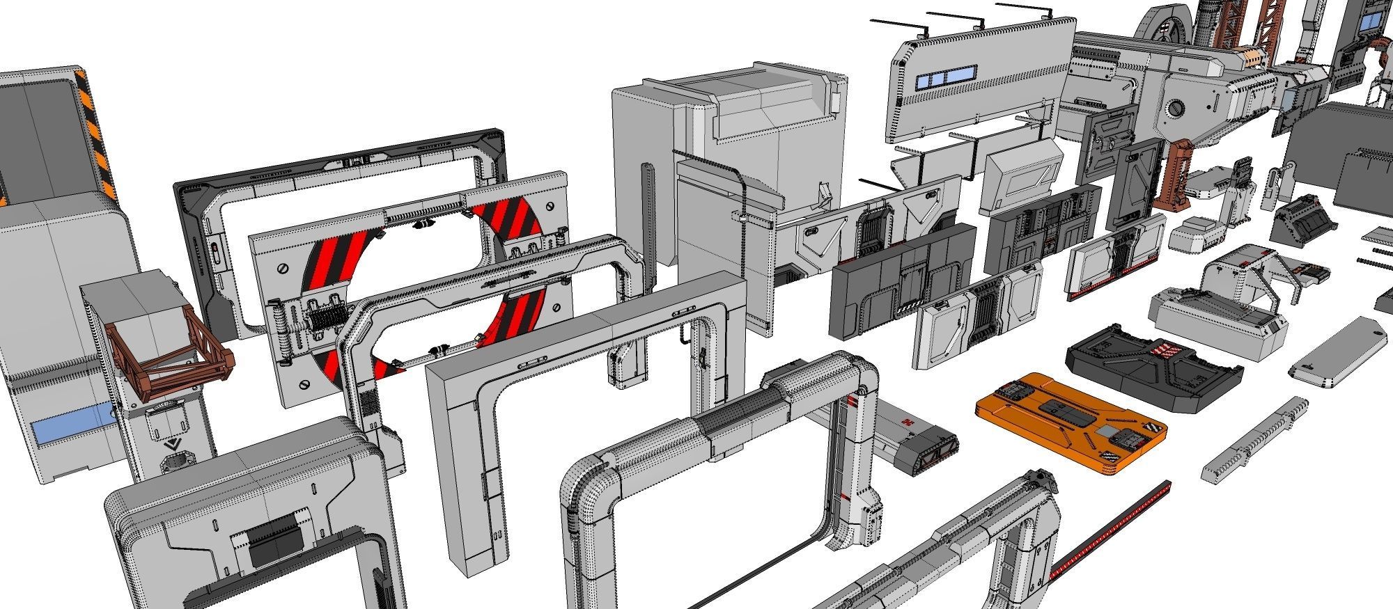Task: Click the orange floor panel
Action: click(1069, 425)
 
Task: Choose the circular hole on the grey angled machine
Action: click(1176, 108)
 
